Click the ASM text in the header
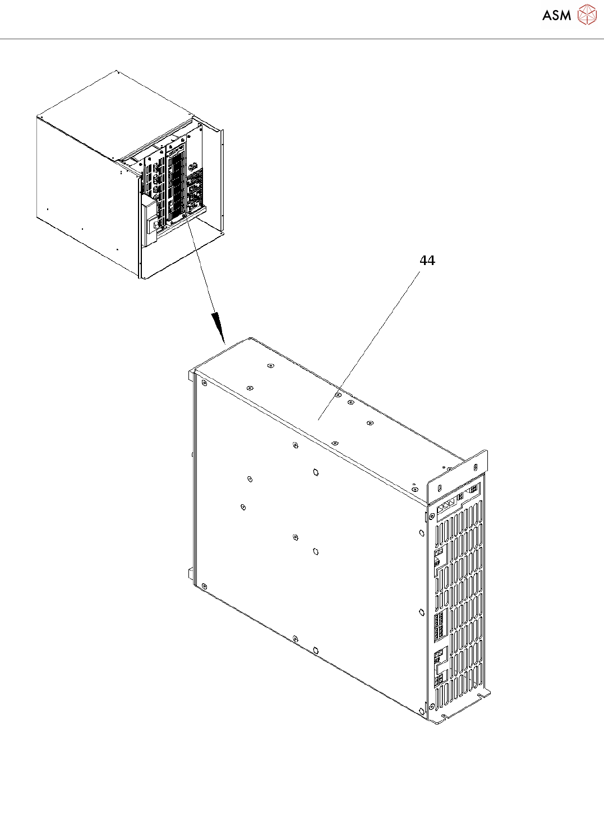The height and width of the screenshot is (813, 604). coord(556,15)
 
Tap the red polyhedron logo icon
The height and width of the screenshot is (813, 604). coord(587,15)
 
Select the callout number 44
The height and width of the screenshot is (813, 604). coord(427,261)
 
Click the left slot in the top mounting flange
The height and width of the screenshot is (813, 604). coord(439,485)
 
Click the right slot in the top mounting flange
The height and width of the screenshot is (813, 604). coord(476,467)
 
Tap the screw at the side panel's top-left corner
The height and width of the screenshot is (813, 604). coord(204,383)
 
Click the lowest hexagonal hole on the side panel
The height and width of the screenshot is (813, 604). coord(316,650)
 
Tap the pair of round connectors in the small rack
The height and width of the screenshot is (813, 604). coord(193,166)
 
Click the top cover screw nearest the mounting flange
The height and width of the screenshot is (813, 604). coord(414,489)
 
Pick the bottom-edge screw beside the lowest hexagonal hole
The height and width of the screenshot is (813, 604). coord(295,638)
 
